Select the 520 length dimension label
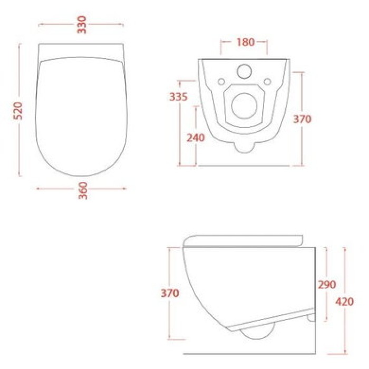[17, 111]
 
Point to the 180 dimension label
[245, 42]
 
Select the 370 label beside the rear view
[302, 119]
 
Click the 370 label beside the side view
[170, 293]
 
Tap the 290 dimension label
[326, 284]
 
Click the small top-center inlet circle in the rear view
[245, 71]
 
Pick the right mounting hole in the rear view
[267, 81]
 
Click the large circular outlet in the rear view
[244, 105]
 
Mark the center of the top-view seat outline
[82, 113]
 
